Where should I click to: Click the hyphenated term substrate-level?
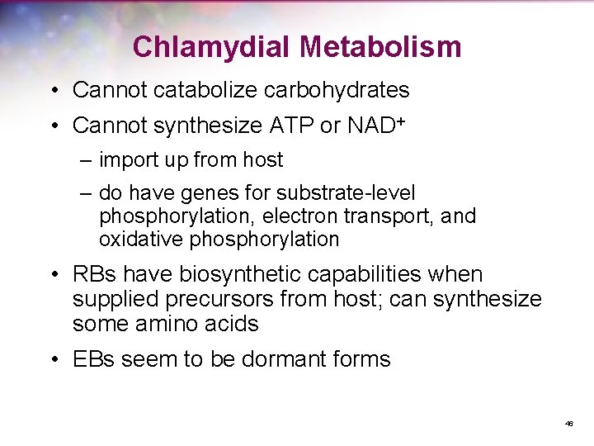(x=346, y=193)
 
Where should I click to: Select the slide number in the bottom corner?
(x=568, y=424)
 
